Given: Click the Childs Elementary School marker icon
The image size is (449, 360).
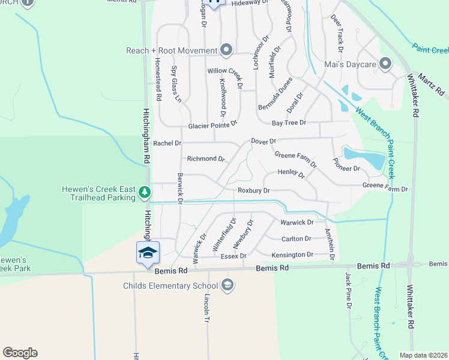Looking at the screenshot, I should point(227,285).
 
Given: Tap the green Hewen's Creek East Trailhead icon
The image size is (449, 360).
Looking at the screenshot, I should point(144,192).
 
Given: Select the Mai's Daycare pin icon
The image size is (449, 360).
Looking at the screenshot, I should point(385,64).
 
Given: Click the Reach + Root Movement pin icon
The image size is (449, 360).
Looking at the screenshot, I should point(226,50).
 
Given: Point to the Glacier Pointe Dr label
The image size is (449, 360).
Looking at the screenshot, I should point(213,125).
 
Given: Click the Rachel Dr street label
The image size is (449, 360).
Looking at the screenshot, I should point(167,143).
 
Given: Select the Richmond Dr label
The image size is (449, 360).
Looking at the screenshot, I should point(205,159).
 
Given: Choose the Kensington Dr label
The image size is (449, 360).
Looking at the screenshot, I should point(292,255).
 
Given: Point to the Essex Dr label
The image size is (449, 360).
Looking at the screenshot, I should point(234,256).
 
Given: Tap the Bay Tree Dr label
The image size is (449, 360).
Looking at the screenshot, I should point(289,122).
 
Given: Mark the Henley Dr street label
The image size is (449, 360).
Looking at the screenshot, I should point(292,173).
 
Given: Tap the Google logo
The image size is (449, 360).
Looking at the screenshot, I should point(20,353).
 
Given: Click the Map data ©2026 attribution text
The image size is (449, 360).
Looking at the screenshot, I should point(423,355).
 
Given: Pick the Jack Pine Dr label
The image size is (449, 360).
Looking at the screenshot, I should point(348,290).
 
